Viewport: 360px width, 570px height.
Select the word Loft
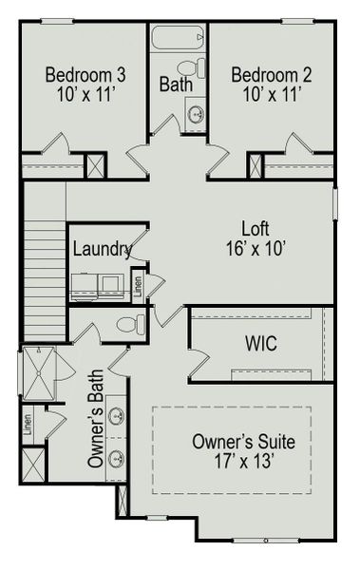255,229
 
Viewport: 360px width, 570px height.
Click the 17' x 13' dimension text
243,464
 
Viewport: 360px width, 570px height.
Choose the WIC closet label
260,343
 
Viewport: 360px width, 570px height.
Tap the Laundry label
102,249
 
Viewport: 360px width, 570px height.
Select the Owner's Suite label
243,442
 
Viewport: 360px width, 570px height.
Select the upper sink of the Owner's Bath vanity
117,416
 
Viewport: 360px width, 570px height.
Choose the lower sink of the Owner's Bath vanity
117,460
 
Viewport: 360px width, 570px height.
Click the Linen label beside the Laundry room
138,284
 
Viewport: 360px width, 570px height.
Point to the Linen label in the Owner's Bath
28,421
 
